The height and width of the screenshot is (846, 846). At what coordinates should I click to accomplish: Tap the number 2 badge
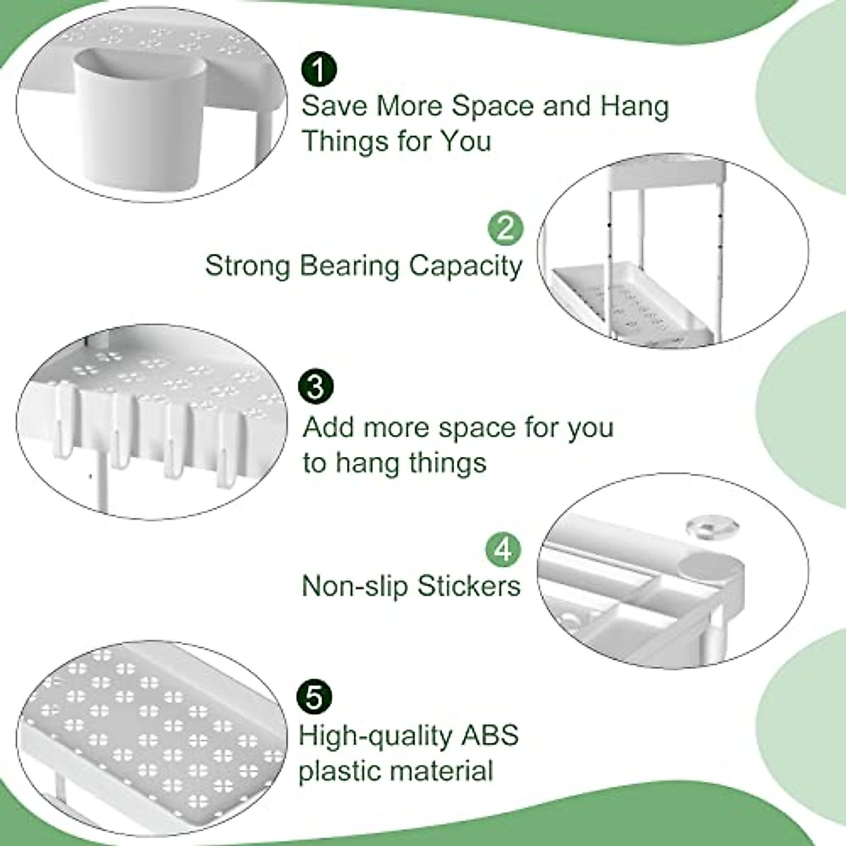pyautogui.click(x=505, y=228)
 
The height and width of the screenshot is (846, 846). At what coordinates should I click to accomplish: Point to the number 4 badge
pyautogui.click(x=504, y=548)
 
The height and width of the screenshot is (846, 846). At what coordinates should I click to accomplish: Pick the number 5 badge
pyautogui.click(x=314, y=697)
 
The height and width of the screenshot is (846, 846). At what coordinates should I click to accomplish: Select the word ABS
pyautogui.click(x=489, y=735)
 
